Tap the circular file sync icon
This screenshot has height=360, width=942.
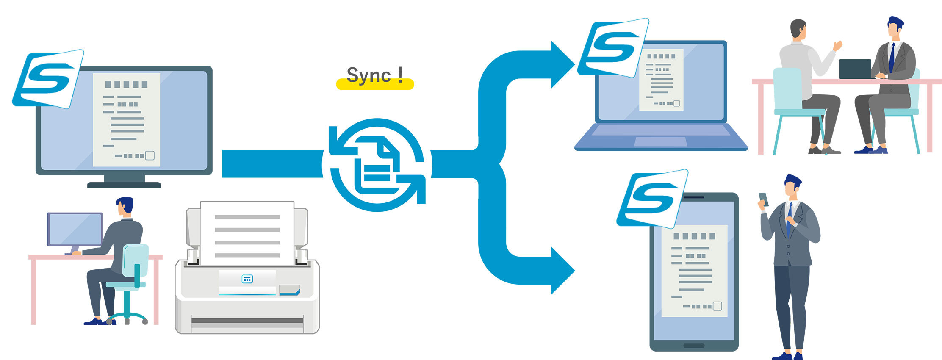click(x=377, y=165)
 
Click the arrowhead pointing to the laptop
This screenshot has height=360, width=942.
click(x=561, y=64)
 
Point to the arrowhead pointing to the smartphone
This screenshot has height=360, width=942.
click(x=561, y=270)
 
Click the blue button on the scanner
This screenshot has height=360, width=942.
click(x=247, y=279)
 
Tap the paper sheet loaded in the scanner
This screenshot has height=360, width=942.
click(x=247, y=233)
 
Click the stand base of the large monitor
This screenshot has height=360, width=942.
click(x=124, y=185)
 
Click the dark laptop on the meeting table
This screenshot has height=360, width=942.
click(x=855, y=69)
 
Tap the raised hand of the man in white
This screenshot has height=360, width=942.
click(x=837, y=45)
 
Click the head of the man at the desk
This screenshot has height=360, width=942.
click(x=125, y=206)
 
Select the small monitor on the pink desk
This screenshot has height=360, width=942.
click(x=75, y=229)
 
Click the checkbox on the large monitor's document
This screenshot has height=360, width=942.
click(x=150, y=155)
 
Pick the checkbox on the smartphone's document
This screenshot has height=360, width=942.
click(x=717, y=306)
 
